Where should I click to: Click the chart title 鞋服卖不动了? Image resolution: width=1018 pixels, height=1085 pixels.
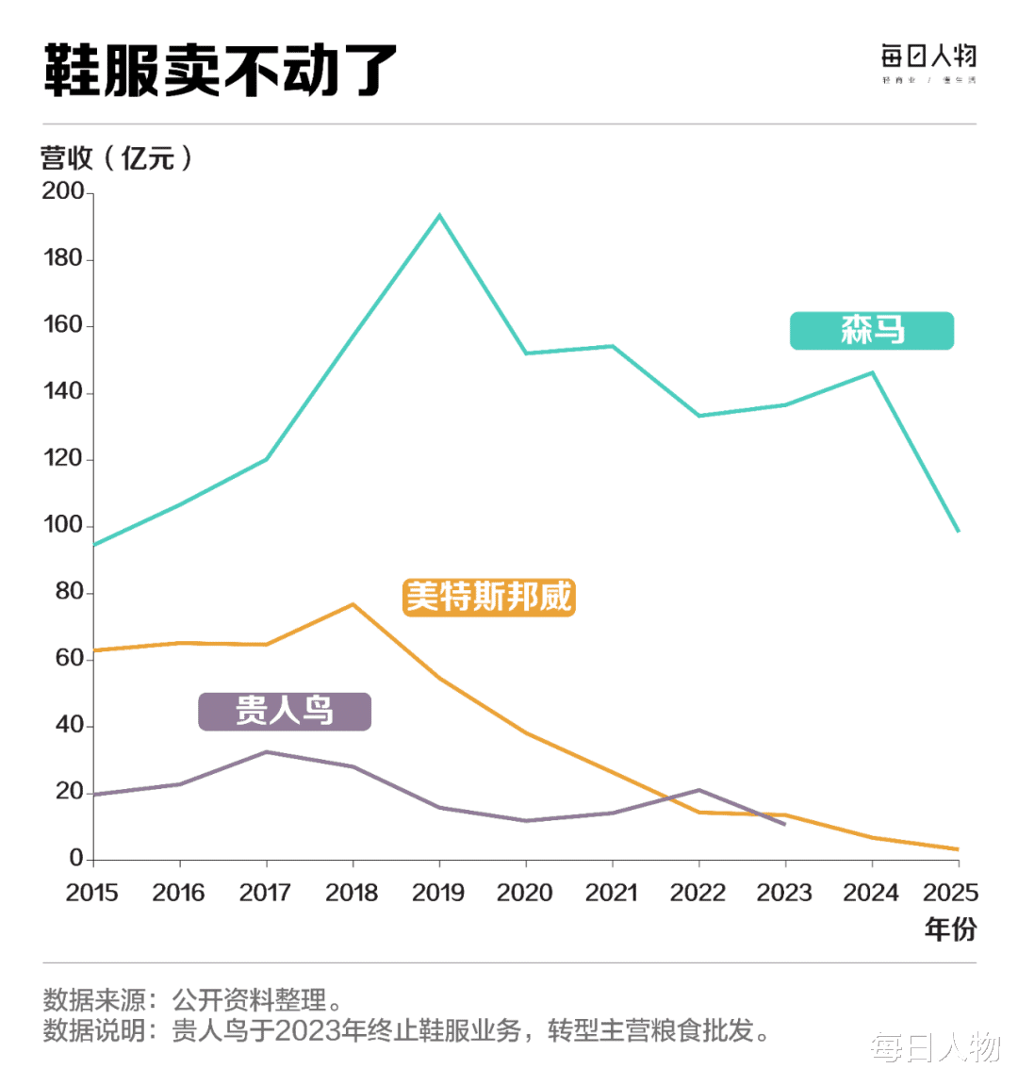(x=221, y=71)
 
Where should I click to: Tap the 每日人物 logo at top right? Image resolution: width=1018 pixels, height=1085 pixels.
(x=928, y=62)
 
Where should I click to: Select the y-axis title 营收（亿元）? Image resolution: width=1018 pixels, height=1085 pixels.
(x=117, y=157)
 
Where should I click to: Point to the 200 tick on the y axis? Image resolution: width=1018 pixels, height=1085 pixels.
(x=63, y=191)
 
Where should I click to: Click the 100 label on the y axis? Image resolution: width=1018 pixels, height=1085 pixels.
(x=63, y=525)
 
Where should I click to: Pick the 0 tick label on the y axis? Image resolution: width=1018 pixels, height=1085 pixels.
(x=76, y=859)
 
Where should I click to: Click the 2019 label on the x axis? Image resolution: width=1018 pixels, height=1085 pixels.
(x=438, y=893)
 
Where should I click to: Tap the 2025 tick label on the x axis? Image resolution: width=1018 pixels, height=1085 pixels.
(x=950, y=893)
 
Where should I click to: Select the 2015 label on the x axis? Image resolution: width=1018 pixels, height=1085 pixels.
(x=92, y=893)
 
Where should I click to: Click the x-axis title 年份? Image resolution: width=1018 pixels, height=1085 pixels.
(x=950, y=929)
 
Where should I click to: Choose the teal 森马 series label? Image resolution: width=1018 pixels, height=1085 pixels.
(x=872, y=331)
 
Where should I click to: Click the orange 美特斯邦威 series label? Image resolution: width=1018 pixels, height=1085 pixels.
(x=488, y=597)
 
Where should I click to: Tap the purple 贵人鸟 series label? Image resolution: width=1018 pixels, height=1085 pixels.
(x=285, y=711)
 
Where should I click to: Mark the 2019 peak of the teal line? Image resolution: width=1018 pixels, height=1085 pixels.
(x=439, y=216)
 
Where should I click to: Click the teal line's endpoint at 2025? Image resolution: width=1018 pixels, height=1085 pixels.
(x=958, y=532)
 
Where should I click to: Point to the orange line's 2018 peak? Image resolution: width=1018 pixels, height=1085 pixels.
(x=353, y=604)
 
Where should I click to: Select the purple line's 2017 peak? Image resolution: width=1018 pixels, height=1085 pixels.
(x=267, y=752)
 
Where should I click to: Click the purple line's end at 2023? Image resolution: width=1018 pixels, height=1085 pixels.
(x=784, y=825)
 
